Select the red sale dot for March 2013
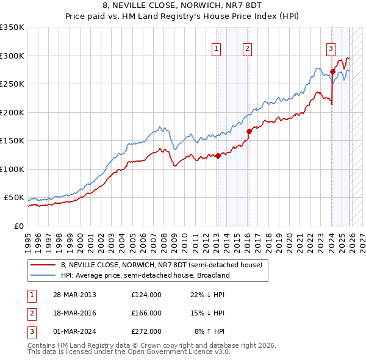click(x=218, y=156)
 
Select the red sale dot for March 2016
click(x=249, y=131)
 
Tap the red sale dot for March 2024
click(x=332, y=71)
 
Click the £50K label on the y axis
click(x=14, y=198)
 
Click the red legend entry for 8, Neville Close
click(x=161, y=265)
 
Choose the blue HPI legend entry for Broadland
click(x=145, y=275)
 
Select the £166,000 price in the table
click(x=146, y=313)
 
